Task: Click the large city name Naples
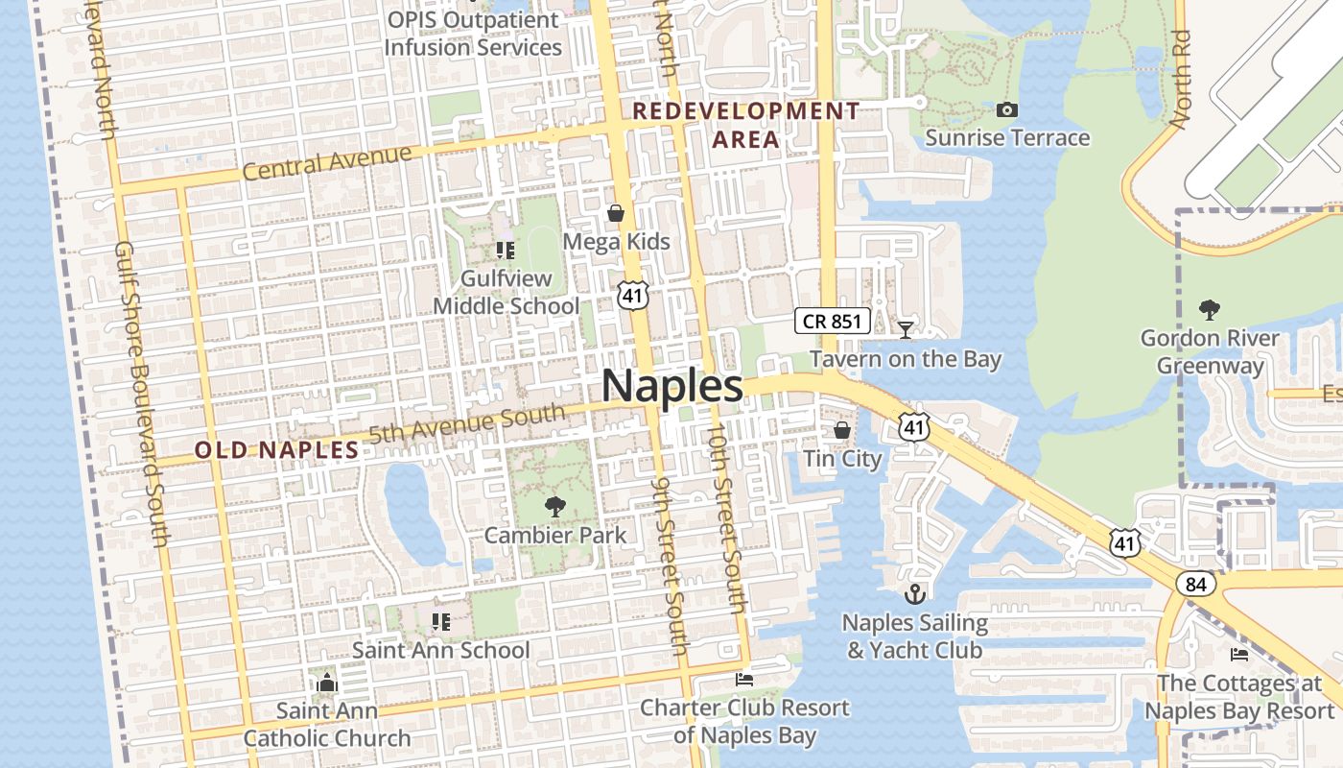(x=671, y=387)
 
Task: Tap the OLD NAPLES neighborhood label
(x=276, y=449)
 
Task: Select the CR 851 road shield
(x=832, y=322)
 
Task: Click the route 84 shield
(x=1200, y=584)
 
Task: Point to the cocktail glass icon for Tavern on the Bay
(x=905, y=330)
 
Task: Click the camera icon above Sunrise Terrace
(x=1006, y=110)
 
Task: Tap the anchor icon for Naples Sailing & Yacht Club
(x=914, y=593)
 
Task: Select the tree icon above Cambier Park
(x=554, y=506)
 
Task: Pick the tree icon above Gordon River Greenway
(x=1209, y=309)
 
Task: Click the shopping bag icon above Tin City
(x=841, y=429)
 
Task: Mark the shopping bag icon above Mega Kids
(x=615, y=212)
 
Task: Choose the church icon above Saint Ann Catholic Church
(x=326, y=683)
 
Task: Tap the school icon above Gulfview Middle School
(x=506, y=251)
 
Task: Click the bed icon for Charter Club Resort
(x=743, y=680)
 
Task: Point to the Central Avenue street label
(x=327, y=162)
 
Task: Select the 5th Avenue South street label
(x=467, y=423)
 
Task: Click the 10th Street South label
(x=727, y=518)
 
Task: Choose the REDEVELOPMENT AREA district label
(x=745, y=125)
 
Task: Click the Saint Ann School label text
(x=440, y=650)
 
